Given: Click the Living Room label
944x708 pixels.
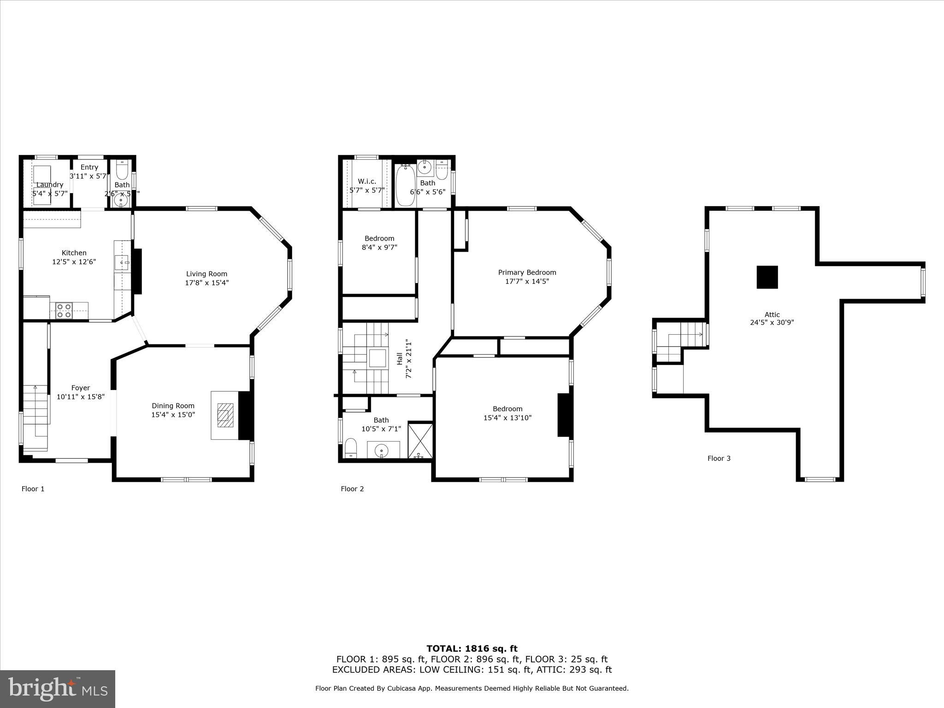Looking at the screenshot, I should tap(206, 274).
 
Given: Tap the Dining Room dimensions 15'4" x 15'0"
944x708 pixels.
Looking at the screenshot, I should tap(173, 415).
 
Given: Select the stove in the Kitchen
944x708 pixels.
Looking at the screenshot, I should tap(64, 311).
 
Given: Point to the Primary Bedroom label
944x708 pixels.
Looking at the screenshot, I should tap(527, 272).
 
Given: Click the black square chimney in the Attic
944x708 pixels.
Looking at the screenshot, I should tap(767, 277).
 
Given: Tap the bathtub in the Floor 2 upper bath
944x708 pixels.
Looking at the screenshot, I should tap(406, 186).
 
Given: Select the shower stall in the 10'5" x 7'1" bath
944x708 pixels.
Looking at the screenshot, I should tap(420, 440).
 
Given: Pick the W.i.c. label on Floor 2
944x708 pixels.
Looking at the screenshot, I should tap(367, 181).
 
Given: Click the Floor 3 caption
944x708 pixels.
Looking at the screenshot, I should tap(719, 458).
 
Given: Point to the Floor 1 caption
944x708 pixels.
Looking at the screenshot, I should tap(33, 489).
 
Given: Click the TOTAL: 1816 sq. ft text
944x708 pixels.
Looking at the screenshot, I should tap(472, 649).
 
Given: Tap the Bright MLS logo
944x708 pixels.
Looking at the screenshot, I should tap(58, 689).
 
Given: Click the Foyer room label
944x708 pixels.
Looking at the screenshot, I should tap(80, 388).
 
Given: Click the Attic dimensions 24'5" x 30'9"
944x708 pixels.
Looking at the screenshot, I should tap(772, 323).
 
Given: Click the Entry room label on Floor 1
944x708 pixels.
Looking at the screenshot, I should tap(89, 167).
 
